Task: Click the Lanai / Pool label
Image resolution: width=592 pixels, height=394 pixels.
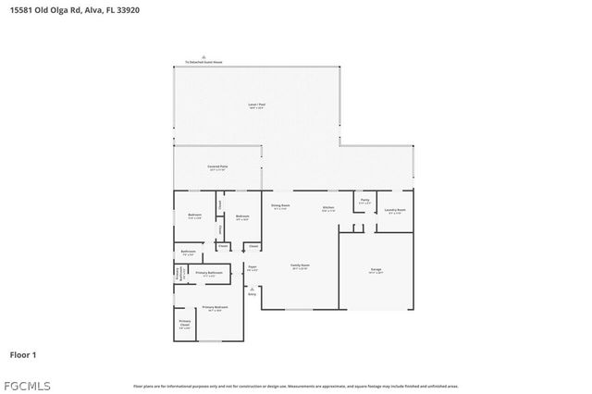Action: pos(256,105)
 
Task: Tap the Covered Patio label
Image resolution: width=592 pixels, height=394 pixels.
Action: pos(217,166)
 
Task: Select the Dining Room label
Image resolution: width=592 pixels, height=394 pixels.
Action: pos(280,206)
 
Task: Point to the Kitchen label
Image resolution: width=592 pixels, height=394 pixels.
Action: pos(328,208)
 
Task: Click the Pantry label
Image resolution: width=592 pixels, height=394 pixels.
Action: pos(364,201)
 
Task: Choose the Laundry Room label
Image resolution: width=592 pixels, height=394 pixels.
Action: pos(395,211)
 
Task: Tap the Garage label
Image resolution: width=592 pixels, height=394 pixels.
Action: pos(376,270)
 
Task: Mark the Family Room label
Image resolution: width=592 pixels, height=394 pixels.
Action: pos(300,266)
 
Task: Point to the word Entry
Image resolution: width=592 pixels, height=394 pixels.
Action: pos(252,294)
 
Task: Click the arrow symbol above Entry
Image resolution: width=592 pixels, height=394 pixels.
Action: pos(252,289)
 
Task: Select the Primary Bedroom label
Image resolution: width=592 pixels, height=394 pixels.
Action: pos(215,308)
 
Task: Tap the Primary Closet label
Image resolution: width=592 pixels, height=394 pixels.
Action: pos(184,325)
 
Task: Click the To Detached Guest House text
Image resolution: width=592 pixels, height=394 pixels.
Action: pos(203,63)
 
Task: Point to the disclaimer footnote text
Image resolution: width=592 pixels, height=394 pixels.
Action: pos(296,387)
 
